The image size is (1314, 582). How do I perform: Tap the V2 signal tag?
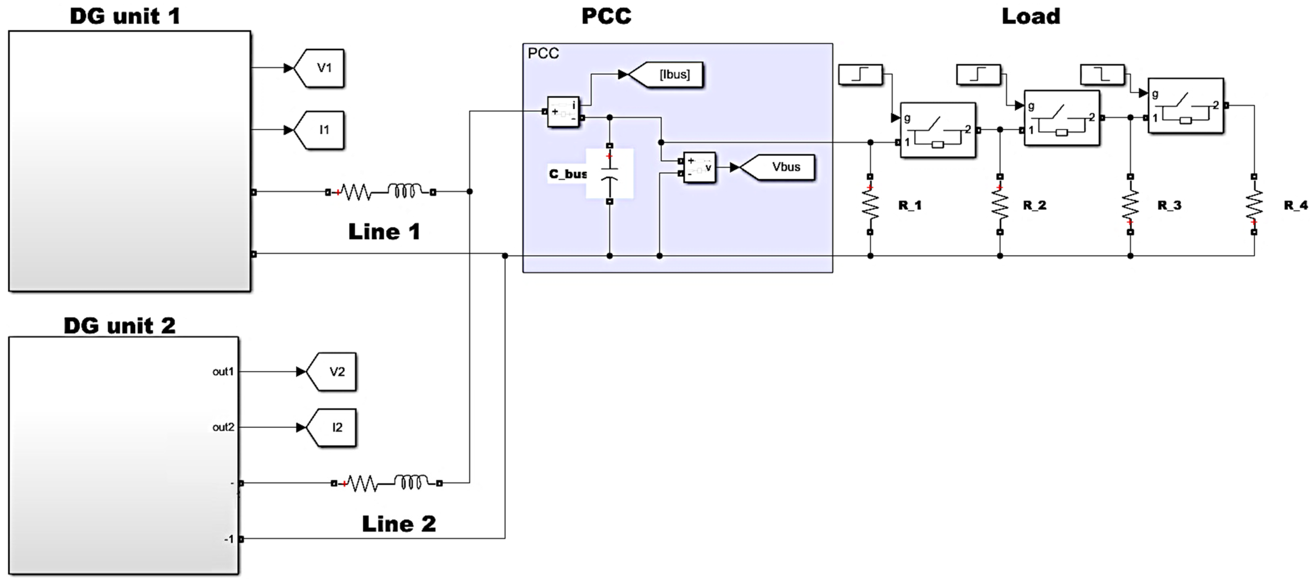pyautogui.click(x=333, y=372)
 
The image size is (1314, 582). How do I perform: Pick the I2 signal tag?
pyautogui.click(x=333, y=428)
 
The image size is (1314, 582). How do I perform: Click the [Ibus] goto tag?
pyautogui.click(x=668, y=74)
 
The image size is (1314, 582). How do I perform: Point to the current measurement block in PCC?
pyautogui.click(x=563, y=112)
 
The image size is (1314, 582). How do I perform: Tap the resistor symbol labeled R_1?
pyautogui.click(x=870, y=204)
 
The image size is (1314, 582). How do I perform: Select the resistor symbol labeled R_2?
pyautogui.click(x=1000, y=204)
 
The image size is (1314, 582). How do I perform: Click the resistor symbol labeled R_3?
pyautogui.click(x=1130, y=204)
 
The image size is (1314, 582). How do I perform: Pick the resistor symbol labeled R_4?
pyautogui.click(x=1254, y=204)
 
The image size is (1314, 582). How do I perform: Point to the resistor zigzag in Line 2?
pyautogui.click(x=361, y=483)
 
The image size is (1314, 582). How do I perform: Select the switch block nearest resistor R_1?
pyautogui.click(x=937, y=130)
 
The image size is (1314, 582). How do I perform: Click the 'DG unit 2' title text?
pyautogui.click(x=119, y=325)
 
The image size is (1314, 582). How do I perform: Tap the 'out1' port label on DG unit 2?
pyautogui.click(x=223, y=372)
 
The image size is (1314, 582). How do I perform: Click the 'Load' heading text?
pyautogui.click(x=1031, y=16)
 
